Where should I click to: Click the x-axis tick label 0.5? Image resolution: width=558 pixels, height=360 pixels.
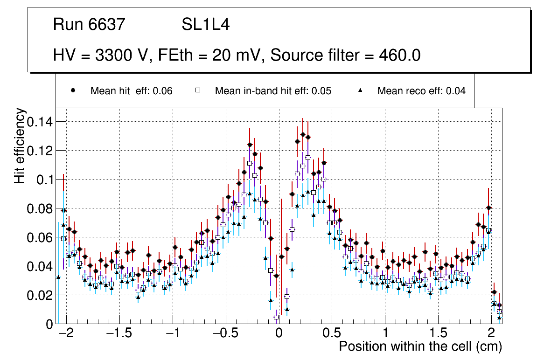(x=331, y=334)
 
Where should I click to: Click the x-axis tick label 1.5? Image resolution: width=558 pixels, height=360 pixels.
(x=438, y=334)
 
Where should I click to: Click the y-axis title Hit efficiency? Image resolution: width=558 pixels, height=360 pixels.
(x=20, y=145)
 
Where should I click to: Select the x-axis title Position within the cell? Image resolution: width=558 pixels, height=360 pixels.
(x=420, y=346)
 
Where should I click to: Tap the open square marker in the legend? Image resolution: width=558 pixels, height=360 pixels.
(x=197, y=90)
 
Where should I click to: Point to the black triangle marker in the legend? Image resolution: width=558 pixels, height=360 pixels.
(x=360, y=90)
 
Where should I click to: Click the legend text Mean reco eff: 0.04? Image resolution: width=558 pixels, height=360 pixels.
(x=421, y=91)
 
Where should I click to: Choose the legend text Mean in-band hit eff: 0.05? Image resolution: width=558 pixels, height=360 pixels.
(x=273, y=91)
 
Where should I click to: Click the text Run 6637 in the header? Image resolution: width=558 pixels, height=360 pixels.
(x=89, y=24)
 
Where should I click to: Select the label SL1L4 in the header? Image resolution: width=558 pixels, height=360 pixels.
(x=205, y=24)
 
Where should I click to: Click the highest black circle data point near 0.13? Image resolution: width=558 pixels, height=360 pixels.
(x=303, y=134)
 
